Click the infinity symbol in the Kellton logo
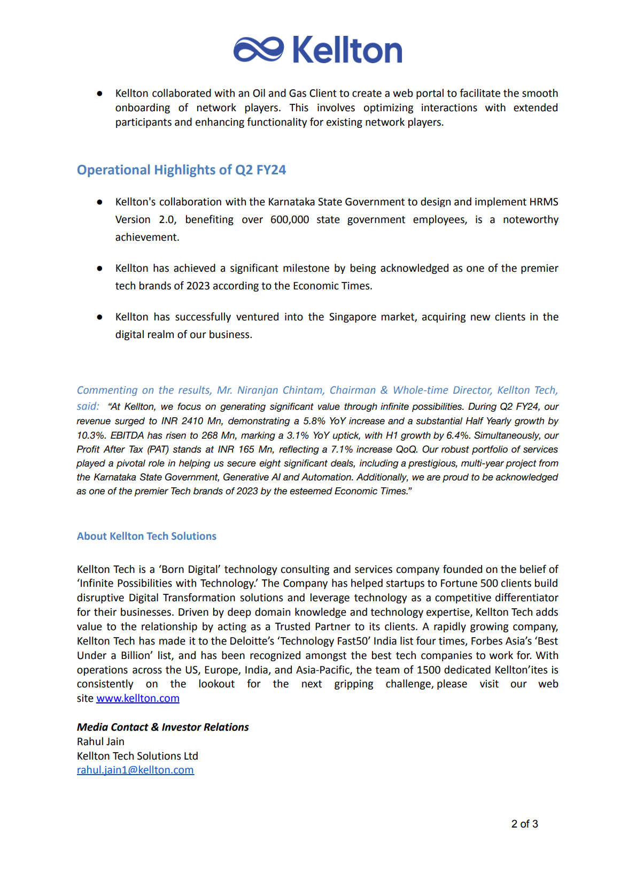[x=259, y=50]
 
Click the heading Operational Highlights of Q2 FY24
[x=181, y=170]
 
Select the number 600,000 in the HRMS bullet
[x=289, y=220]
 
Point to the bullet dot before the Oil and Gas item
[x=100, y=94]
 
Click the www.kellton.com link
[x=138, y=699]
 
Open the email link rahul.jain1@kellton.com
[x=135, y=770]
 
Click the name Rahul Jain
[x=100, y=742]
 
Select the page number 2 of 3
[x=524, y=824]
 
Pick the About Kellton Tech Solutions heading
[x=146, y=537]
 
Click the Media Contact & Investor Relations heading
[x=162, y=727]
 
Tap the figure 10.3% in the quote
[x=90, y=435]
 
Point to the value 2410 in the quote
[x=192, y=422]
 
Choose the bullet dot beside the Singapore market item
[x=100, y=317]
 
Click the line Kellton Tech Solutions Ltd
[x=137, y=756]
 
